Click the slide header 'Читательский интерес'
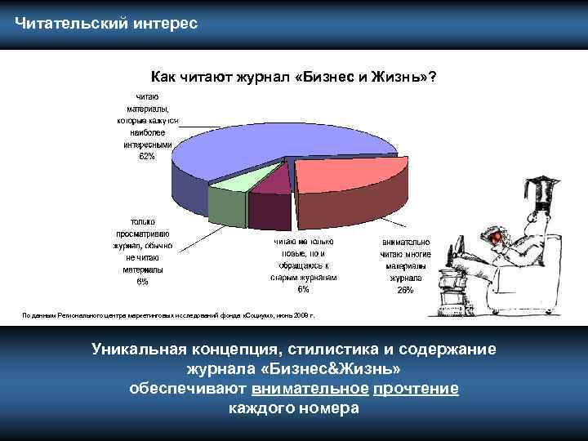coord(105,22)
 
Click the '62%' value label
coord(147,157)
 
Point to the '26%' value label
coord(405,290)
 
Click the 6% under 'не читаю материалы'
coord(142,282)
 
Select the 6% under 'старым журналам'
coord(303,289)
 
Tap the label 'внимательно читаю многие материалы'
coord(405,259)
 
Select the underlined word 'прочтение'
coord(415,389)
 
